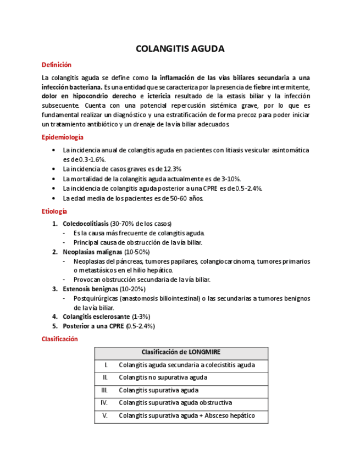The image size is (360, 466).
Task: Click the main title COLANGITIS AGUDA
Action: click(x=180, y=49)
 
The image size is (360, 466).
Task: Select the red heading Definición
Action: click(x=57, y=65)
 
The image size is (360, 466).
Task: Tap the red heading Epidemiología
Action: click(x=63, y=137)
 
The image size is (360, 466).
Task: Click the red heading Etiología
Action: click(x=54, y=211)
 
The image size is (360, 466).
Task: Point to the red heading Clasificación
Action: click(x=60, y=339)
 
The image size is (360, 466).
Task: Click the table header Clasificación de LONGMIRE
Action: click(x=181, y=352)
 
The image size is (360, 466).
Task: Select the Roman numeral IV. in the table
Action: click(x=104, y=403)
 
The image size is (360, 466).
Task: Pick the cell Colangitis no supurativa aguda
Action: click(x=163, y=378)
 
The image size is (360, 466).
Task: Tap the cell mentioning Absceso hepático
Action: click(x=187, y=415)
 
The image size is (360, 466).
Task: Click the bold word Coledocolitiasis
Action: click(x=85, y=224)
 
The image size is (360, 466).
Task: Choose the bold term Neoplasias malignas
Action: click(x=92, y=252)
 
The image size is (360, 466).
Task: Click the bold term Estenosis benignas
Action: click(x=90, y=289)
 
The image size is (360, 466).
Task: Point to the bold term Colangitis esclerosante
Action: click(x=96, y=317)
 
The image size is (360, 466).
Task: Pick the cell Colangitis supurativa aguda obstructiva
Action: click(x=175, y=403)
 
